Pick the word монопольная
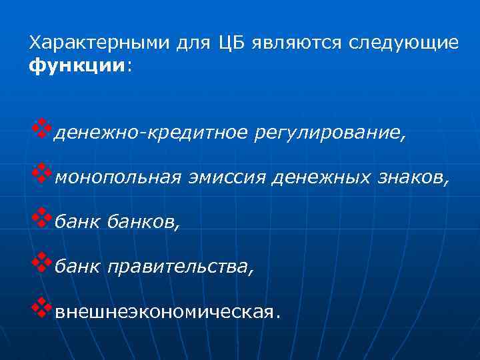click(x=118, y=178)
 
